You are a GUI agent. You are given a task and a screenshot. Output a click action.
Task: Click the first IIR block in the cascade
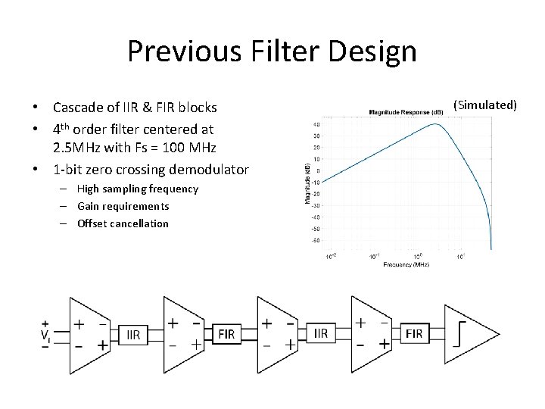coord(133,334)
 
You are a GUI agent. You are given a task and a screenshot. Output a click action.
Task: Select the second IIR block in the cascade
coord(320,333)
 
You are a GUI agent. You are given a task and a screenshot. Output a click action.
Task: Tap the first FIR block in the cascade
coord(226,333)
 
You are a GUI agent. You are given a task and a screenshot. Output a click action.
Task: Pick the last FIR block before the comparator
coord(414,333)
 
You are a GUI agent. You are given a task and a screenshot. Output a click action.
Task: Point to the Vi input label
coord(46,334)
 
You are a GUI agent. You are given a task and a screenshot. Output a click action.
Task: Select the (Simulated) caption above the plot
coord(484,104)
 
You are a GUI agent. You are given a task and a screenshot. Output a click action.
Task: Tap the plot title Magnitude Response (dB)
coord(407,112)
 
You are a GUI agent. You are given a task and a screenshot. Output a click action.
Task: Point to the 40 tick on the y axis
coord(316,124)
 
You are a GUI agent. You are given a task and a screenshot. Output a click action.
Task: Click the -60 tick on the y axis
coord(316,239)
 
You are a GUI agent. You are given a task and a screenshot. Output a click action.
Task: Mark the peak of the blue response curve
coord(435,124)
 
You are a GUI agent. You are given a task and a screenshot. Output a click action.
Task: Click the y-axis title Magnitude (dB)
coord(307,182)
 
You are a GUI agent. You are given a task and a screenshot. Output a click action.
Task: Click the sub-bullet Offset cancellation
coord(123,223)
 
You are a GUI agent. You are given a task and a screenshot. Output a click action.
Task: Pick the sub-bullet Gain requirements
coord(123,206)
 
